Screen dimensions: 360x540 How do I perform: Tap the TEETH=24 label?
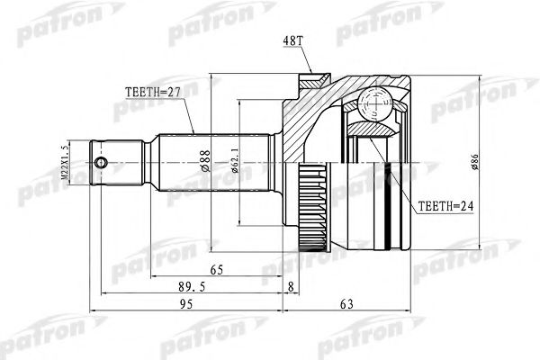pos(448,205)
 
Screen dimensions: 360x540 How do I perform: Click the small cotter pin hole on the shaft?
pos(105,163)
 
